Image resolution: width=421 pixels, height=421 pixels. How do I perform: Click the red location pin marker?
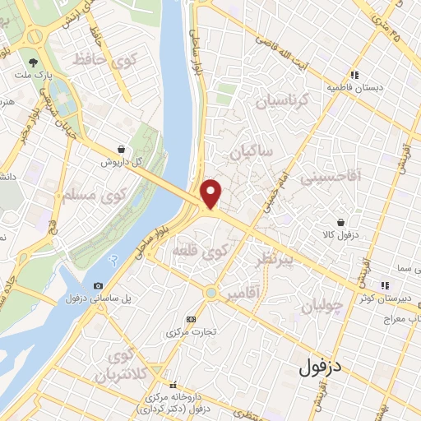coord(212,193)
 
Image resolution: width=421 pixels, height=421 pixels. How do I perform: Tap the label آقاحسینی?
coord(324,178)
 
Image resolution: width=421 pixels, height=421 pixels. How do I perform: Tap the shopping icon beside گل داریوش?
coord(122,150)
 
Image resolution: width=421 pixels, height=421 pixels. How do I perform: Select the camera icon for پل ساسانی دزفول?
coord(99,285)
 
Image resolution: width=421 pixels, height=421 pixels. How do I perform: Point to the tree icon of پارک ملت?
coord(33,62)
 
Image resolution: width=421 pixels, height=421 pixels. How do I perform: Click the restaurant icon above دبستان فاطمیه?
coord(355,73)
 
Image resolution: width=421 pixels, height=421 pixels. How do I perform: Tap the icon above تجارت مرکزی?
coord(192,318)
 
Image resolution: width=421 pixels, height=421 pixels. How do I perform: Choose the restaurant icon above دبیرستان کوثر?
coord(384,285)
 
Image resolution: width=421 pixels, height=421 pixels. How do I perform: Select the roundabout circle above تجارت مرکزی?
coord(211,292)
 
